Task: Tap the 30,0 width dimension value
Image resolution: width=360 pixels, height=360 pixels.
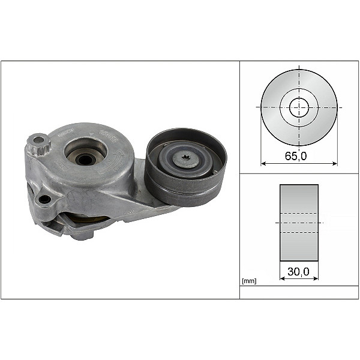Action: click(x=299, y=272)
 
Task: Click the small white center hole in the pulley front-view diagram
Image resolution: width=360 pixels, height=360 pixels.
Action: click(x=299, y=108)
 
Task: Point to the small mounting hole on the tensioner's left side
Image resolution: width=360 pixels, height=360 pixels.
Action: click(x=44, y=199)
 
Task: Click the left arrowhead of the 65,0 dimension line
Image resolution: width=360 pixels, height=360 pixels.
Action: click(x=263, y=163)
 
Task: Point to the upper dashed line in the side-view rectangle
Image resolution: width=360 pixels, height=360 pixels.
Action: click(x=299, y=214)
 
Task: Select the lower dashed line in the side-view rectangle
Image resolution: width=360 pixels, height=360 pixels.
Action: click(x=299, y=232)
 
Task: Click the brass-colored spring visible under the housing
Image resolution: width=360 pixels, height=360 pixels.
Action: click(x=90, y=219)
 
